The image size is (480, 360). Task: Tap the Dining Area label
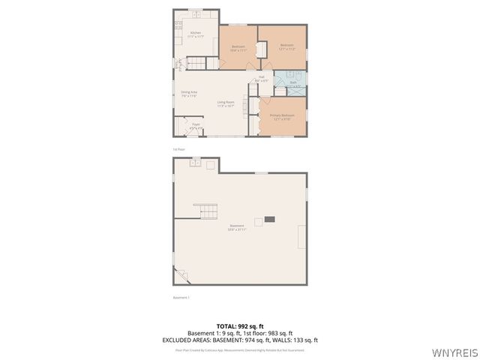click(x=188, y=94)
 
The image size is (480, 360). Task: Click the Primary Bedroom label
click(x=283, y=116)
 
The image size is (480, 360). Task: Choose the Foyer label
click(x=195, y=125)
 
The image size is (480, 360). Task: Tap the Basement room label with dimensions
click(x=236, y=226)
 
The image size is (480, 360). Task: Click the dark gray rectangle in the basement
click(x=269, y=219)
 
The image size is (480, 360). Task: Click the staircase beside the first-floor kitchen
click(x=196, y=63)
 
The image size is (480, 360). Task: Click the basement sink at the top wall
click(x=194, y=162)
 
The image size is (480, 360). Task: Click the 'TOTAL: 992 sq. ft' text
click(x=239, y=326)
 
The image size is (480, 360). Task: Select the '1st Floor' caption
click(x=178, y=149)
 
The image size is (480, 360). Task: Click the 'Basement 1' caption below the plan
click(x=181, y=297)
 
